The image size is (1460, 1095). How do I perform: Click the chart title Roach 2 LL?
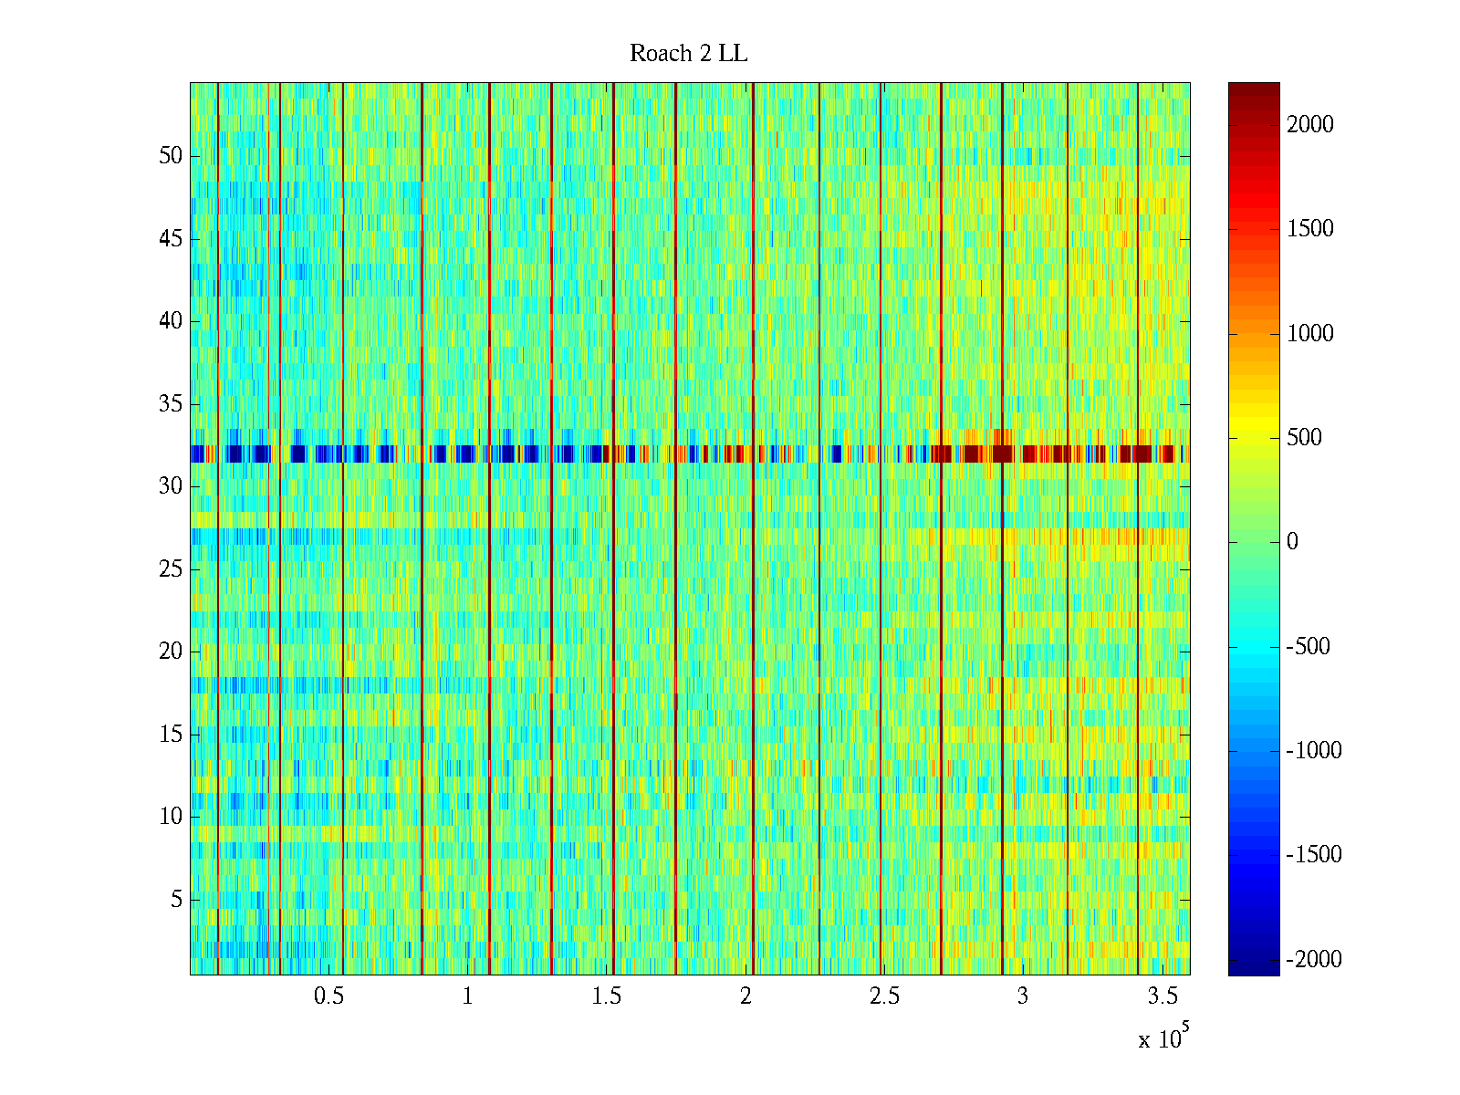pyautogui.click(x=688, y=54)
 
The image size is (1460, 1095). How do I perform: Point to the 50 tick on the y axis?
pyautogui.click(x=171, y=156)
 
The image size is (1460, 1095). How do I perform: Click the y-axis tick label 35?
pyautogui.click(x=171, y=404)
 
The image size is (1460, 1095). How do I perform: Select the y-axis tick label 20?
pyautogui.click(x=171, y=652)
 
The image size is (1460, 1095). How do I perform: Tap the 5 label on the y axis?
pyautogui.click(x=176, y=900)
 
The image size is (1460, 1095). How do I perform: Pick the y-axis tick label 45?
pyautogui.click(x=171, y=239)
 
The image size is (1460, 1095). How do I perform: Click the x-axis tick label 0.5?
pyautogui.click(x=328, y=996)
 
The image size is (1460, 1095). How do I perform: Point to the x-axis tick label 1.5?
pyautogui.click(x=606, y=996)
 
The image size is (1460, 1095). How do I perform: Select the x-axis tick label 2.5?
pyautogui.click(x=884, y=996)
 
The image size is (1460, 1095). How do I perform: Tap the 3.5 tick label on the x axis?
pyautogui.click(x=1162, y=996)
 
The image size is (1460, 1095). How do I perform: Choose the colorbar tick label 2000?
pyautogui.click(x=1309, y=125)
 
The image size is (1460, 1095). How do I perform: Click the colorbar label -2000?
pyautogui.click(x=1313, y=959)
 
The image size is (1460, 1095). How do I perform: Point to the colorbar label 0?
pyautogui.click(x=1292, y=542)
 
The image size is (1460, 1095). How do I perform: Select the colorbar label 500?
pyautogui.click(x=1304, y=438)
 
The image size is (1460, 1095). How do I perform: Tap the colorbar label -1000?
pyautogui.click(x=1313, y=751)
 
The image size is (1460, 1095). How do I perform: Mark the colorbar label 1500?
pyautogui.click(x=1309, y=229)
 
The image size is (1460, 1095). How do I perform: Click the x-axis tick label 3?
pyautogui.click(x=1023, y=996)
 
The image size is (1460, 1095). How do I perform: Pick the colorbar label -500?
pyautogui.click(x=1308, y=647)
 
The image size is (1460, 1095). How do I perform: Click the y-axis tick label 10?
pyautogui.click(x=171, y=817)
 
